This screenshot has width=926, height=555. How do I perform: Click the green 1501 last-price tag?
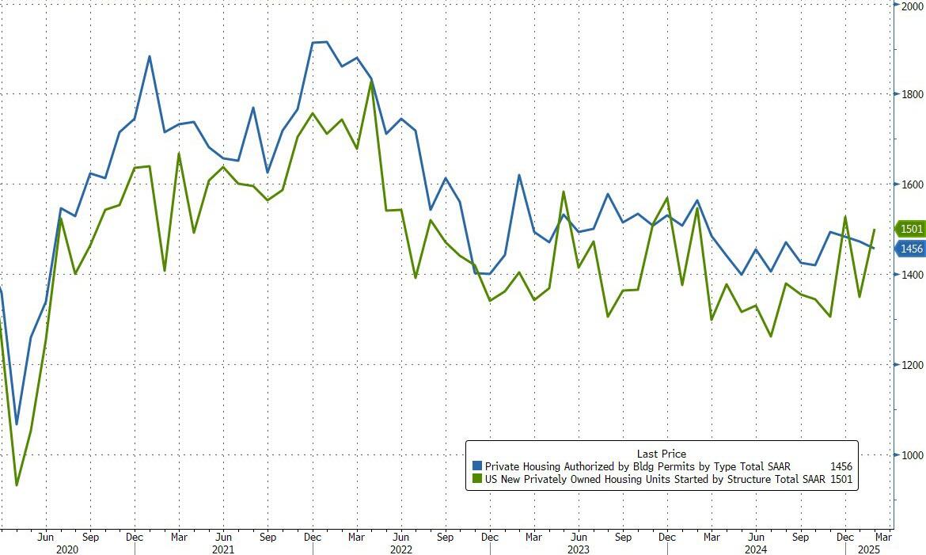point(910,230)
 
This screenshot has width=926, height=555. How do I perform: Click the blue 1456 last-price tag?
point(910,249)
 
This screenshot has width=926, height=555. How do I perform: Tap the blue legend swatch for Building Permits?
point(476,466)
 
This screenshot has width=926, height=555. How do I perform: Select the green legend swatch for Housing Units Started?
point(476,478)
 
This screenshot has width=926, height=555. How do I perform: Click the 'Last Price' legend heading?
point(662,454)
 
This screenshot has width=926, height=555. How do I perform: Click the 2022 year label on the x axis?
point(401,548)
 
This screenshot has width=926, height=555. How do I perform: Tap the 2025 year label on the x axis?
point(867,548)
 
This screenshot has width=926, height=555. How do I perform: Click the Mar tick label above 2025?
point(882,536)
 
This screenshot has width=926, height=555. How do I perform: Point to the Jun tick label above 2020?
point(46,536)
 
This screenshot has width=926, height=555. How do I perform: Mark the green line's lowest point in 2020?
point(17,485)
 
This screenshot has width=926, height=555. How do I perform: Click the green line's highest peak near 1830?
point(371,81)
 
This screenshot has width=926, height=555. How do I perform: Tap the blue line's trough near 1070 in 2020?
point(17,424)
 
